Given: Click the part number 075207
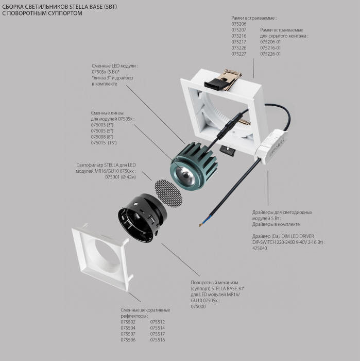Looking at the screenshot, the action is pos(238,30).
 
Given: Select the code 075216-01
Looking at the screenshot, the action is pos(270,48).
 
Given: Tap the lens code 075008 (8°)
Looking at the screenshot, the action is pos(102,137).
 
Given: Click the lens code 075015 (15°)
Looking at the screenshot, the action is pos(104,143).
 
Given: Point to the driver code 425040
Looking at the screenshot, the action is pos(260,248).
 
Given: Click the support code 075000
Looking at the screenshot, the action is pos(198,306).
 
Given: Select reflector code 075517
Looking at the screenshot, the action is pos(158,334).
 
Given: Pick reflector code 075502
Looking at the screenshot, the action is pos(128,322).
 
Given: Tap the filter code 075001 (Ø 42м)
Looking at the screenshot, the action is pos(121,177).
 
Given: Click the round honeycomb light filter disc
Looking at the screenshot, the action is pos(168,193).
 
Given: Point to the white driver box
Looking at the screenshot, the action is pos(272,147).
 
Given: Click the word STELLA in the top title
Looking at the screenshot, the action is pos(77,7).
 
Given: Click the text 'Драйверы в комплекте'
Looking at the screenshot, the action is pos(276,224).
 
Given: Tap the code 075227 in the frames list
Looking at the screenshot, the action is pos(238,54).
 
